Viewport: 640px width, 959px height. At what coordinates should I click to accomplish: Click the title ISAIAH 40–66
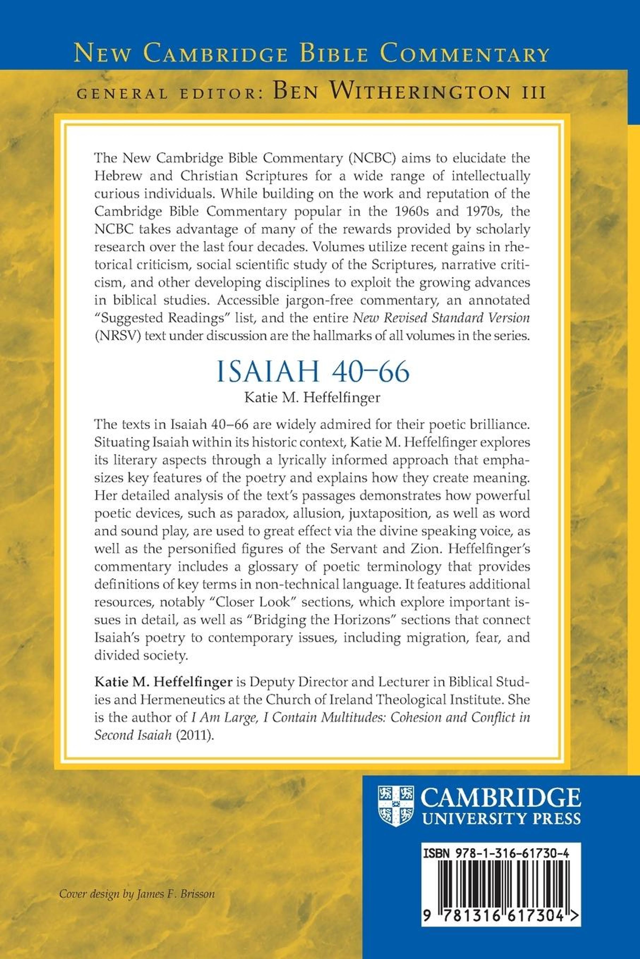pos(313,372)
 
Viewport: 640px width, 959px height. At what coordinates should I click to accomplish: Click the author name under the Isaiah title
pos(312,398)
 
